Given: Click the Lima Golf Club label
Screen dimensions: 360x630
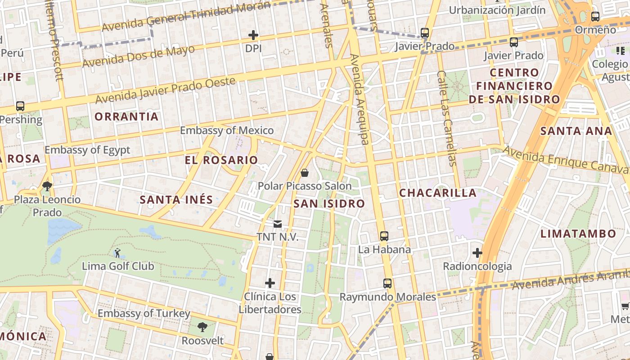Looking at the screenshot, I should pos(118,266).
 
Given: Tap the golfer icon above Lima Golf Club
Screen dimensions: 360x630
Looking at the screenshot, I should pos(117,253).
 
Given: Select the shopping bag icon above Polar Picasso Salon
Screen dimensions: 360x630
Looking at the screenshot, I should pos(305,173).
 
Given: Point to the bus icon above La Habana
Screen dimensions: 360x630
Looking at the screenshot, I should pos(384,236).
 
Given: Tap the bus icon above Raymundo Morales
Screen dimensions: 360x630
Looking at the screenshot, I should pos(387,283).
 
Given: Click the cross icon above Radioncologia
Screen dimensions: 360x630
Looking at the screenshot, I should pos(477,253).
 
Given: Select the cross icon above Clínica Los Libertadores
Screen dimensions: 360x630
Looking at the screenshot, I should pos(270,283).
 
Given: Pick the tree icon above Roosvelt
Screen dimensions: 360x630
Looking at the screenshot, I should pos(202,327).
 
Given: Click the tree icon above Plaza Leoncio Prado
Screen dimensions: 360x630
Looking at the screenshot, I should pos(47,186).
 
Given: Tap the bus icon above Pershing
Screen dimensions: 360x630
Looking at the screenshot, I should pos(20,106).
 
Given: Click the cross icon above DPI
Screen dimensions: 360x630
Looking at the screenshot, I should pos(253,35).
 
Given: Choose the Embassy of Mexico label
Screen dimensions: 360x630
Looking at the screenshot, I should pos(227,130).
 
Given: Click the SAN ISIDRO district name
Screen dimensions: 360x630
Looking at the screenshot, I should pos(329,204).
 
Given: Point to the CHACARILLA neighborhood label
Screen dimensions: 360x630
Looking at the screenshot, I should pos(438,193).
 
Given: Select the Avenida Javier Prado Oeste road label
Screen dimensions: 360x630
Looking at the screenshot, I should pos(166,90).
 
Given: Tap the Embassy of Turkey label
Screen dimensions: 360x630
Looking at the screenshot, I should pos(144,313).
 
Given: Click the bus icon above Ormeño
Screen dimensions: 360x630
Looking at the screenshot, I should pos(595,17).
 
